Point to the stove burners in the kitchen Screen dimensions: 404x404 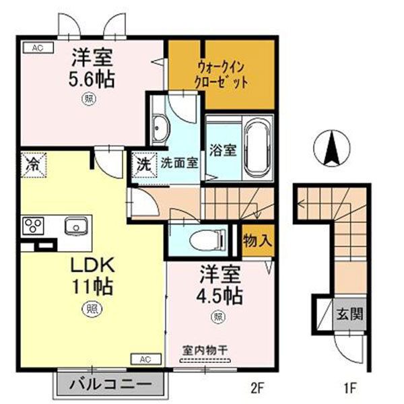pyautogui.click(x=33, y=225)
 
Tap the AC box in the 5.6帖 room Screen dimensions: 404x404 pyautogui.click(x=37, y=47)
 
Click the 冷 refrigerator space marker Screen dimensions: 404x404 pyautogui.click(x=32, y=163)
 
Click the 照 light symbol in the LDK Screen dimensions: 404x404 pyautogui.click(x=89, y=310)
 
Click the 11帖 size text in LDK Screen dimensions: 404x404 pyautogui.click(x=92, y=285)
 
